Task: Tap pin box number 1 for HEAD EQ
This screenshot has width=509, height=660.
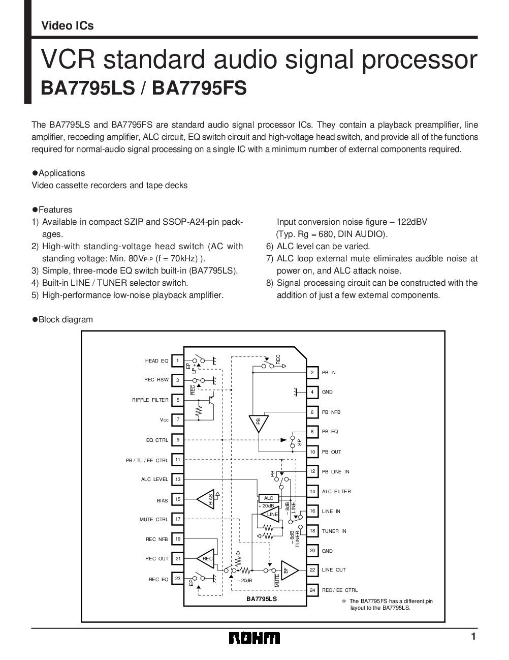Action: coord(177,361)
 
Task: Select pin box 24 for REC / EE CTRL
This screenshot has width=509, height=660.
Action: coord(312,590)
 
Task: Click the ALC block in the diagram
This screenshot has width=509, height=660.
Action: coord(269,498)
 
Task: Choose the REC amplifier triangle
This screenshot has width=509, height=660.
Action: coord(206,559)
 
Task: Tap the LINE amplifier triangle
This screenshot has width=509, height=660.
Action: coord(271,515)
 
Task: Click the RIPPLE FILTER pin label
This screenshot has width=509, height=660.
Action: coord(150,400)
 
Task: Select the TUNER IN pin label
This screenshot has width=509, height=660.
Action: coord(334,531)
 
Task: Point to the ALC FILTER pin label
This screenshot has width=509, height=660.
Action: coord(336,492)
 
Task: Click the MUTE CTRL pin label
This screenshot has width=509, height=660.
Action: coord(154,520)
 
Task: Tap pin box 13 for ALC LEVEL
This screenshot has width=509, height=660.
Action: coord(178,479)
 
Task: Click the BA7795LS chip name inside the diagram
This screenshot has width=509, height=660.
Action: coord(262,599)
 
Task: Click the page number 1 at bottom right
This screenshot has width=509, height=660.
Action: coord(473,637)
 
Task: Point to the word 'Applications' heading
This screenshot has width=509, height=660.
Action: coord(61,173)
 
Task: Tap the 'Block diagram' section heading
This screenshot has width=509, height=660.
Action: coord(66,319)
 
